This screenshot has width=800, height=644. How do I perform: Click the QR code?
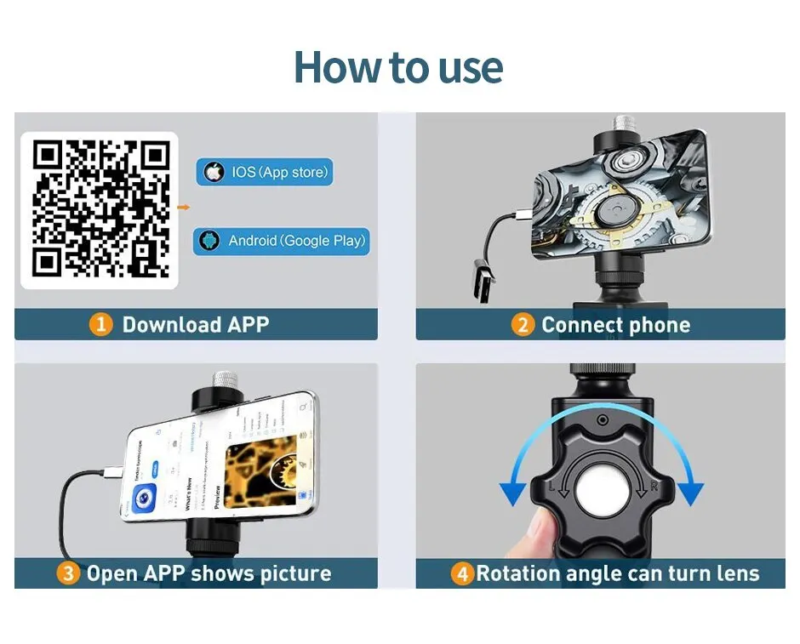(x=100, y=210)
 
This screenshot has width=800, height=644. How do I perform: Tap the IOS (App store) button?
(x=264, y=172)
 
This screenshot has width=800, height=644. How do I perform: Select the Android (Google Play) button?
(x=281, y=241)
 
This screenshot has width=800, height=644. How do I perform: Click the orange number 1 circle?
(x=102, y=324)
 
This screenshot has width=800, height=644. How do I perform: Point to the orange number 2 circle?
(x=523, y=324)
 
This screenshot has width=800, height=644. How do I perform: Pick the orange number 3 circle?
(x=69, y=573)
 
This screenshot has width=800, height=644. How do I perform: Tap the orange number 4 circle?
(x=462, y=573)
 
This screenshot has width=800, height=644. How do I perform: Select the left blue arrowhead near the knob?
(x=513, y=492)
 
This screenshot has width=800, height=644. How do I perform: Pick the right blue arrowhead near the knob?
(x=691, y=492)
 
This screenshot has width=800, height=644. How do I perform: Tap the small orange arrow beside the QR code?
(x=183, y=207)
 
